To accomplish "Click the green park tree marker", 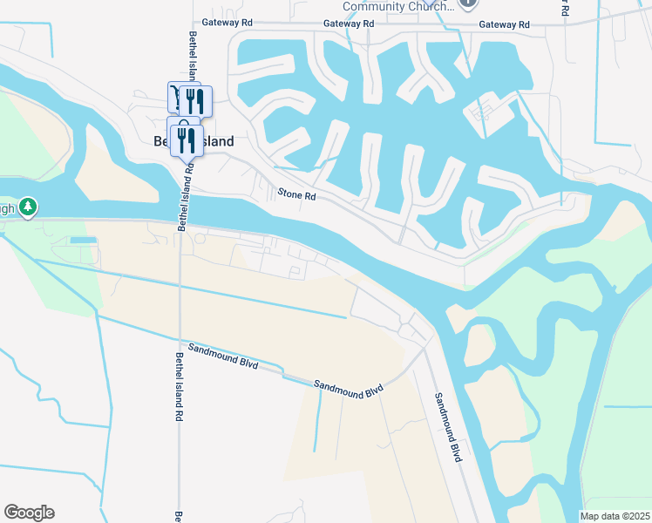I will [29, 207].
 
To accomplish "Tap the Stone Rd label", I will [295, 195].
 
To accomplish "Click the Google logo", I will [29, 513].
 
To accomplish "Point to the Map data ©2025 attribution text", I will [615, 516].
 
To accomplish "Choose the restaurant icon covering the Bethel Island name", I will [187, 139].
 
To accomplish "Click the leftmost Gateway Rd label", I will [226, 23].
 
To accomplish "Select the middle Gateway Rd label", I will [348, 24].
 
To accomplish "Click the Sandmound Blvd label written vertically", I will [448, 426].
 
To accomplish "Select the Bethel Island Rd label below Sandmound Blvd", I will [178, 388].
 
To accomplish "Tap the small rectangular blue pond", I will [83, 240].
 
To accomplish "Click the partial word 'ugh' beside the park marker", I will [8, 209].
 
